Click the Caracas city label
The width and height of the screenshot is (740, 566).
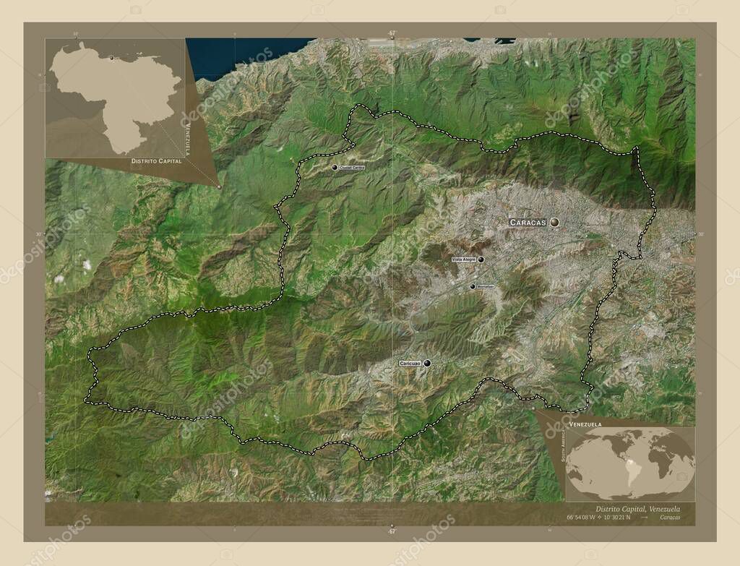(x=528, y=223)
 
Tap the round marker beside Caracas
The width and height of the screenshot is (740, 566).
(x=554, y=223)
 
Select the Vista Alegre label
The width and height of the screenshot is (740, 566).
(x=463, y=259)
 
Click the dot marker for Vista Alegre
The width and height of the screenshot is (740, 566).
(x=481, y=259)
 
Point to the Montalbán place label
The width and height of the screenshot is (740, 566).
(x=486, y=286)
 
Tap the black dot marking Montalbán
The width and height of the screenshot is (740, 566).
(x=473, y=286)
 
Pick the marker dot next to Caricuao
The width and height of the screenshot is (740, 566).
(x=427, y=363)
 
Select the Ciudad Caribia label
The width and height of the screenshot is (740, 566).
(x=352, y=167)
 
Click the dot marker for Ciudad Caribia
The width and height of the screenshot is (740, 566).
(x=335, y=167)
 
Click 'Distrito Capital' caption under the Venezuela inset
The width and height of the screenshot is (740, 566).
(x=155, y=162)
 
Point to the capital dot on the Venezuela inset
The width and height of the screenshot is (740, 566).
(x=112, y=57)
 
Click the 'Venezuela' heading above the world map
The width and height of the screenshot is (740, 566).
(x=585, y=423)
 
